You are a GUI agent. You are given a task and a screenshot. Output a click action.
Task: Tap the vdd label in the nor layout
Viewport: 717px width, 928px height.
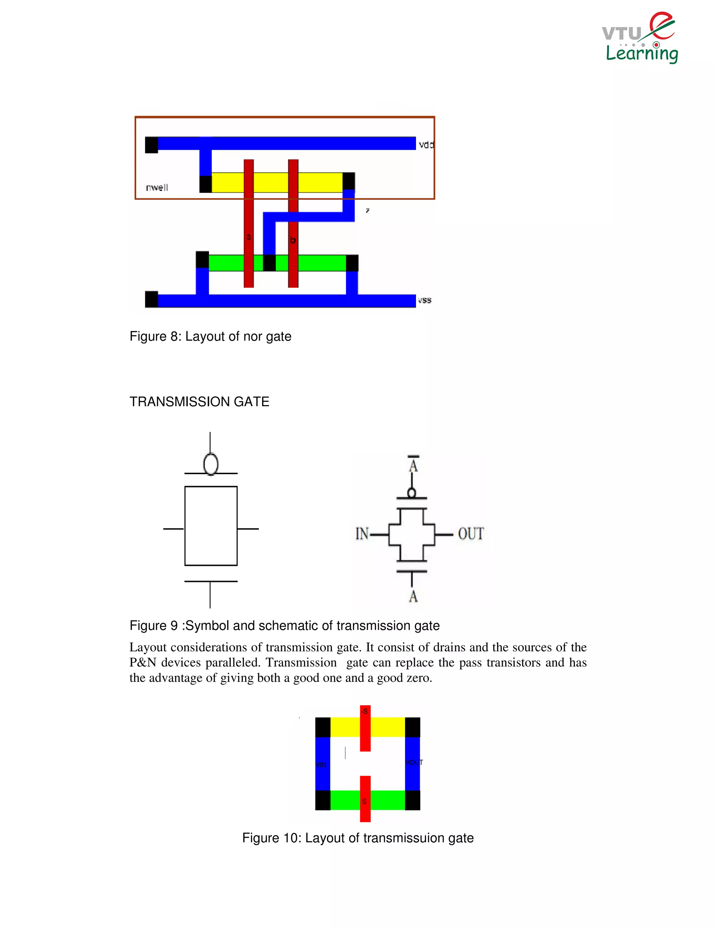point(426,145)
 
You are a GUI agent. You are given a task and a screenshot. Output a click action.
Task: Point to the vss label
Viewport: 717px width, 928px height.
point(424,300)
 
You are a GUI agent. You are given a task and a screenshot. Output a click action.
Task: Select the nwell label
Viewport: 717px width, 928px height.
point(157,187)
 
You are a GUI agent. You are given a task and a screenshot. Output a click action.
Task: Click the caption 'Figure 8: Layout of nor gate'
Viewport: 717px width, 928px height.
point(210,336)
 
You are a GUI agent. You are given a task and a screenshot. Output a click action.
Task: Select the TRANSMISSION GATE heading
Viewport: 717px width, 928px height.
point(199,402)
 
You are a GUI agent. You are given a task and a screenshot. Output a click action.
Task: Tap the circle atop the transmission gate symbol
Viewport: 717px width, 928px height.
point(211,464)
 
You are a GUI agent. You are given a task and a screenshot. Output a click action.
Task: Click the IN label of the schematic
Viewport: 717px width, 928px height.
point(362,534)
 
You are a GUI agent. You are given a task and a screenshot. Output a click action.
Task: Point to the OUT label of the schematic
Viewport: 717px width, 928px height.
point(471,534)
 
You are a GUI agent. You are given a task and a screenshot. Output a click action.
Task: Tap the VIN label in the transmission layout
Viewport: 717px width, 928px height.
point(321,765)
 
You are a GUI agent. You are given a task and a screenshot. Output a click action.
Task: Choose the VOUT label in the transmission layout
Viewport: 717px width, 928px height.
point(414,762)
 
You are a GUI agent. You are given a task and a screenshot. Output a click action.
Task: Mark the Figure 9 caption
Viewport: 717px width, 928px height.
point(284,625)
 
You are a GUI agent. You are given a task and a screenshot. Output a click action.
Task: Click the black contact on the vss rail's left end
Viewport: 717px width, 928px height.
point(152,299)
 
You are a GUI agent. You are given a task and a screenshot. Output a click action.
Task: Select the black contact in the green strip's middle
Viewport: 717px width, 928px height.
point(269,263)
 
